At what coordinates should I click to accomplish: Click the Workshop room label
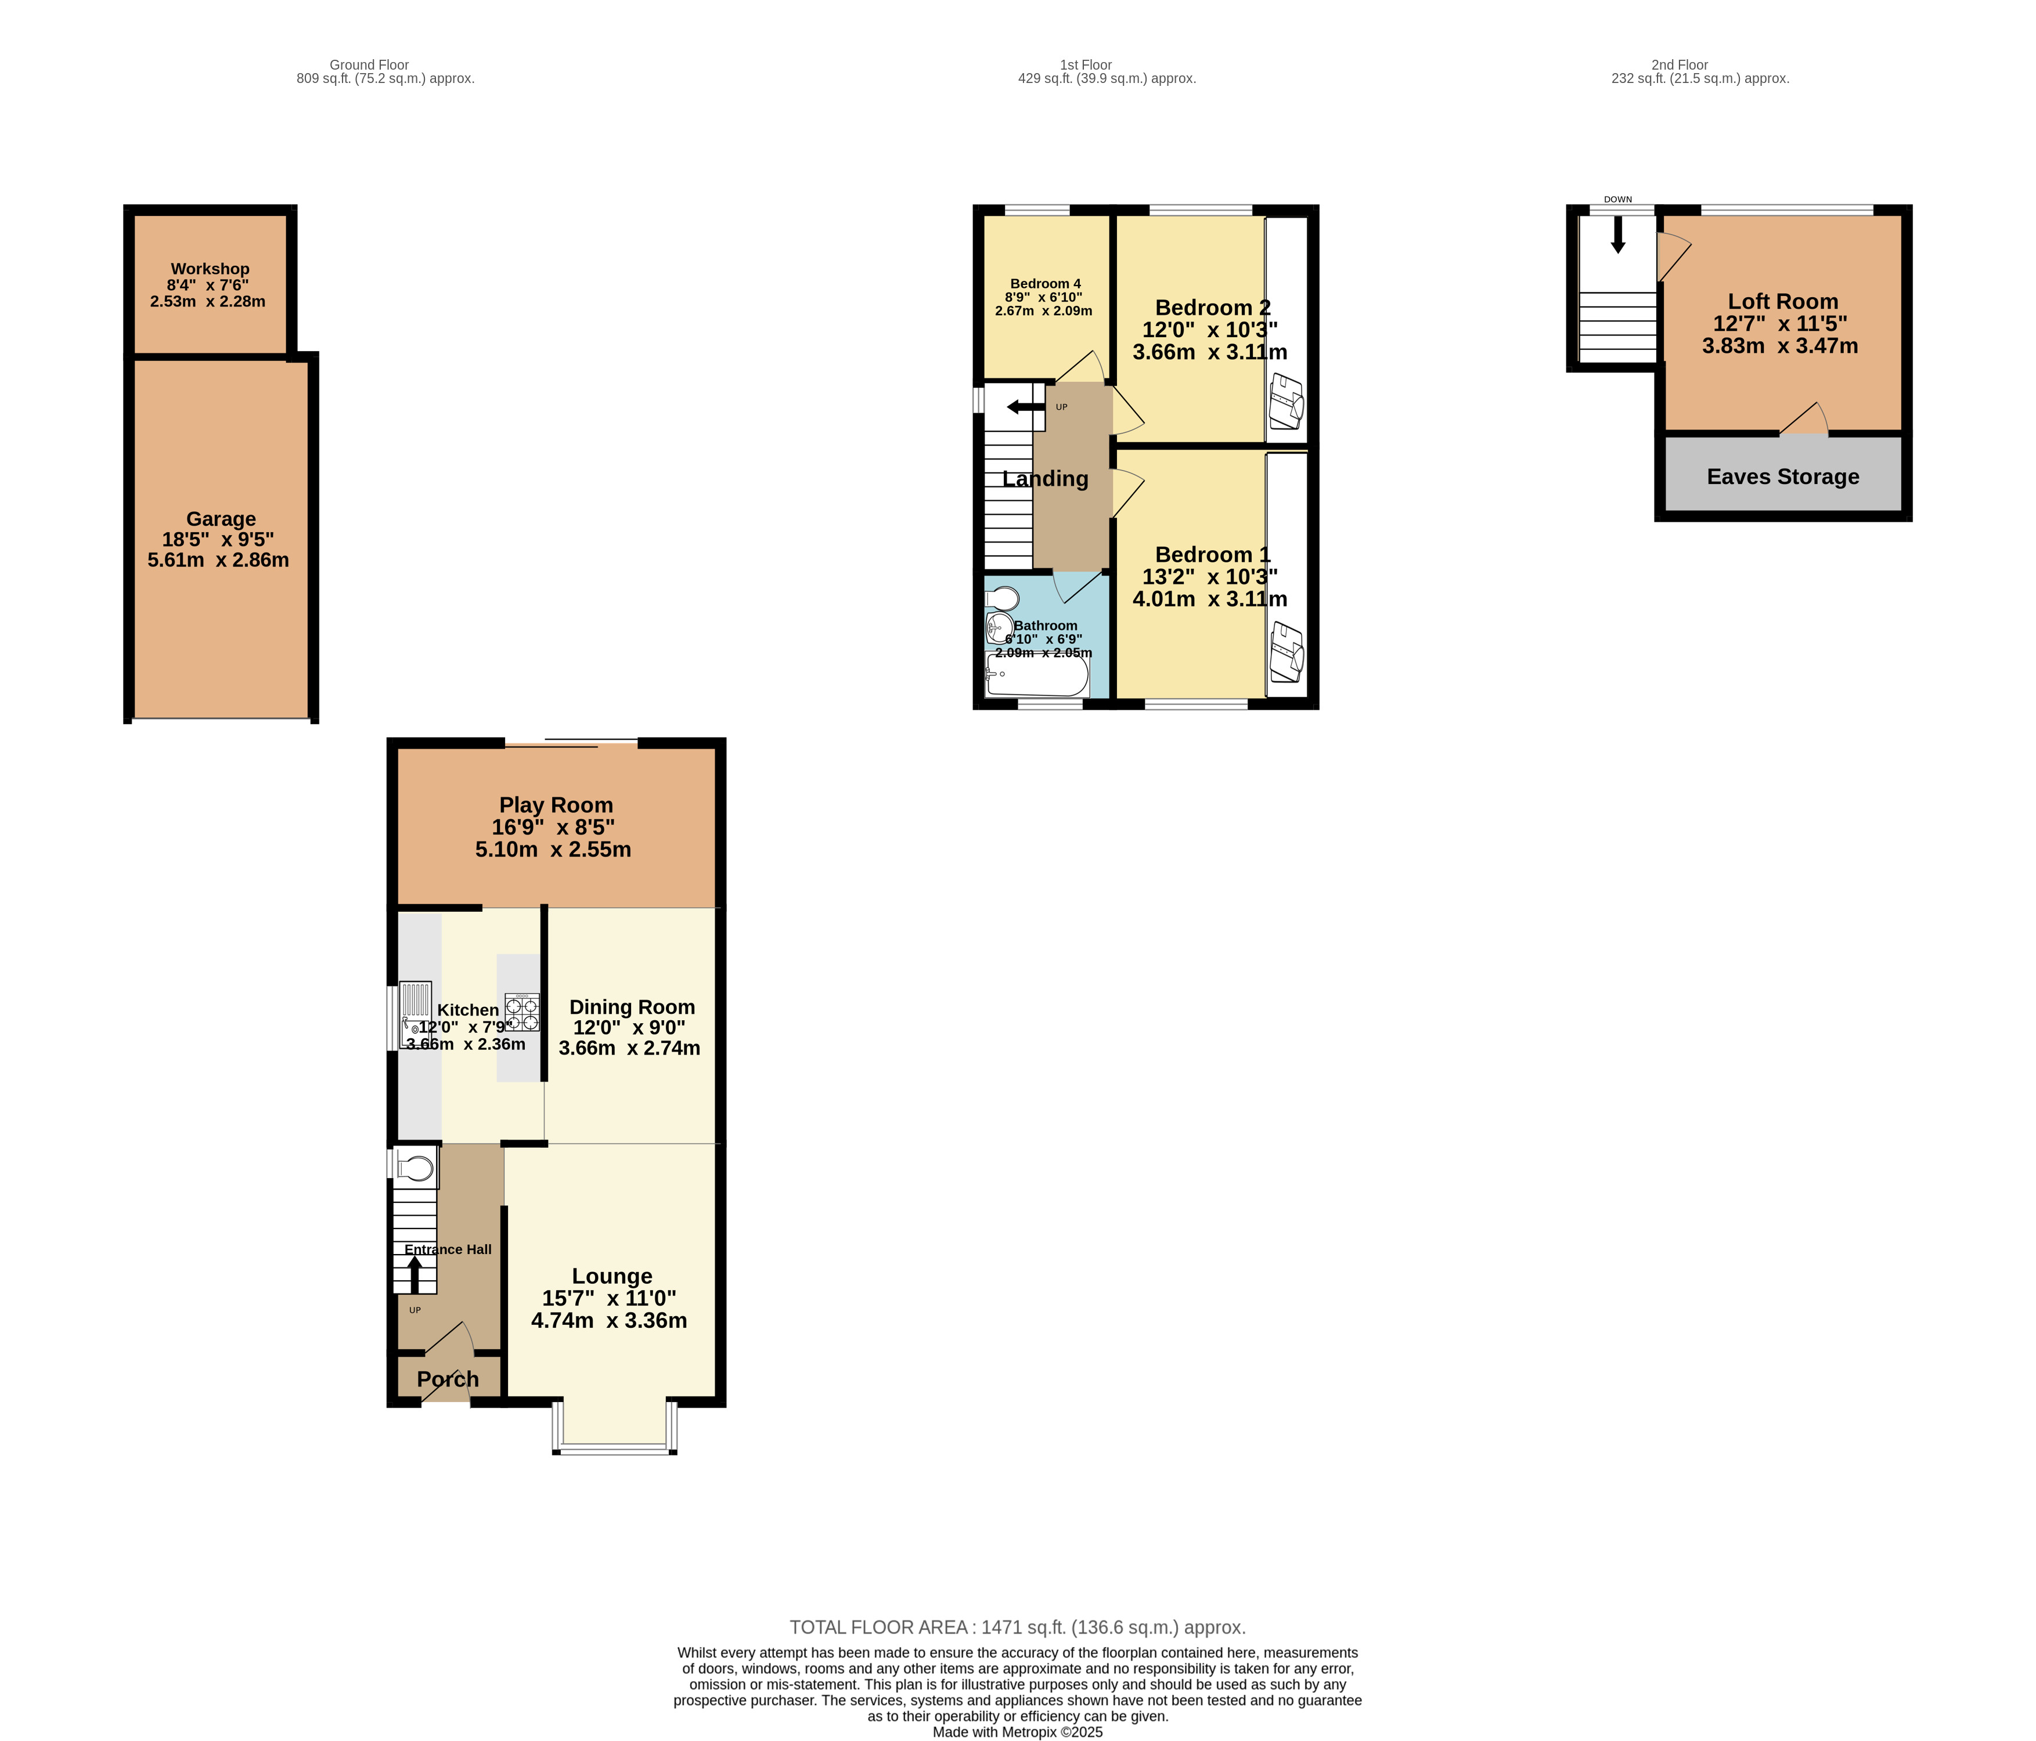pyautogui.click(x=210, y=268)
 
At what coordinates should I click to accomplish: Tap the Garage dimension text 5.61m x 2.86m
pyautogui.click(x=218, y=560)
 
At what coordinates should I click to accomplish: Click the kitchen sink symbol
pyautogui.click(x=416, y=1013)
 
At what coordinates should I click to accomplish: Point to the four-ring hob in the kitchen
pyautogui.click(x=522, y=1013)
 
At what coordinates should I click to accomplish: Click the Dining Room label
pyautogui.click(x=632, y=1007)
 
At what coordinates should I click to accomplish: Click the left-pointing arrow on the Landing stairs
pyautogui.click(x=1025, y=407)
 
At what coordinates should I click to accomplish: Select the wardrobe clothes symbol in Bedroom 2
pyautogui.click(x=1287, y=401)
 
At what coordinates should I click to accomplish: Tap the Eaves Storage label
pyautogui.click(x=1782, y=476)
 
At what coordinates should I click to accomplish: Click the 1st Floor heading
pyautogui.click(x=1085, y=65)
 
